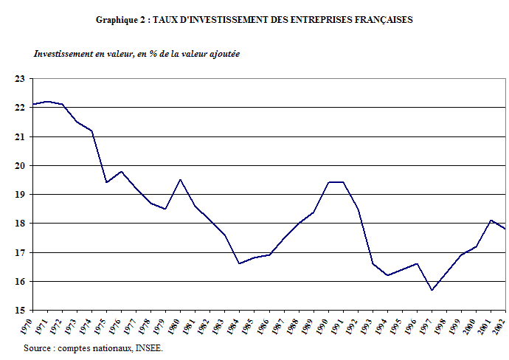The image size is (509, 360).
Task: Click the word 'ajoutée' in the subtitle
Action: (x=224, y=54)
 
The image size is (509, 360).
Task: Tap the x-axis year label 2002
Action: (x=502, y=324)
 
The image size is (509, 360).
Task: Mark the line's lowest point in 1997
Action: (x=432, y=290)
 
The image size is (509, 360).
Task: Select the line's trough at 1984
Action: (x=239, y=263)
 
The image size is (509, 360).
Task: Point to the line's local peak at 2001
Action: (x=491, y=220)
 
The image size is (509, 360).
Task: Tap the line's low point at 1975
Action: (x=107, y=182)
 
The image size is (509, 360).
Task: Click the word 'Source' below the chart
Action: (x=38, y=347)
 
